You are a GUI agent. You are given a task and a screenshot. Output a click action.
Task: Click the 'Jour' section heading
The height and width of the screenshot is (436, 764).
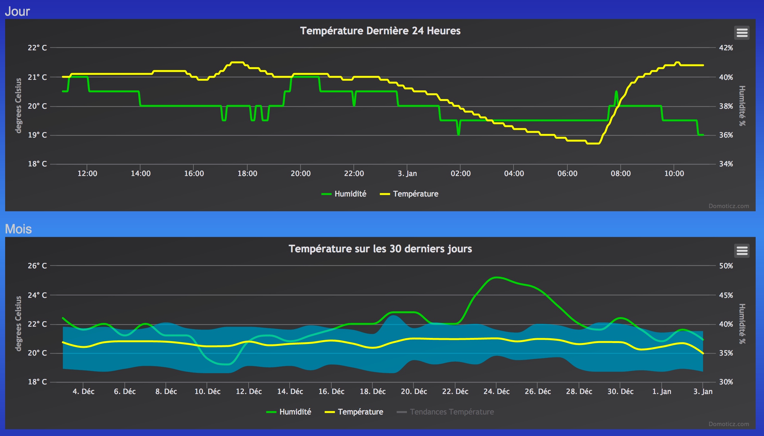point(17,12)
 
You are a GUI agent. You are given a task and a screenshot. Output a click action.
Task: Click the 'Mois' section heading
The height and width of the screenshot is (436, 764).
point(18,229)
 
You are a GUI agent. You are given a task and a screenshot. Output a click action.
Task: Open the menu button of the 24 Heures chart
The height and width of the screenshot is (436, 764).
point(742,33)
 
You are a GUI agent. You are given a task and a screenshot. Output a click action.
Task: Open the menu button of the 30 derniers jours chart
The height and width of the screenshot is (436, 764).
point(742,251)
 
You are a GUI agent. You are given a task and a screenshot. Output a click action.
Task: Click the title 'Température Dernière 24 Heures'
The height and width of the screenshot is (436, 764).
point(380,31)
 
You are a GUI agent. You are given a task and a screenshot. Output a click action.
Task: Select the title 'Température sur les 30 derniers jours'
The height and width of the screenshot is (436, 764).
point(380,249)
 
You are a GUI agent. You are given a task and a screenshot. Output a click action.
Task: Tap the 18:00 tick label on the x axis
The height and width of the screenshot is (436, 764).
point(247,173)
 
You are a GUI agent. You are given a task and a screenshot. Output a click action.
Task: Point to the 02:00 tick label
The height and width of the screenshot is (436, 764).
point(461,173)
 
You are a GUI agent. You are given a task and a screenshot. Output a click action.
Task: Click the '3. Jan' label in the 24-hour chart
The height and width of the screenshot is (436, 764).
point(407,173)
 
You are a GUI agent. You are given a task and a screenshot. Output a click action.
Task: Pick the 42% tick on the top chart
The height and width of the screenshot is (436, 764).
point(726,48)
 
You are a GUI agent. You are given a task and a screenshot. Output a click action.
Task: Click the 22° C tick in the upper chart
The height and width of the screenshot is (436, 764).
point(37,48)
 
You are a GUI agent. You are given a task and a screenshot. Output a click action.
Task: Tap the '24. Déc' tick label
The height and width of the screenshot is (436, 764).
point(497,391)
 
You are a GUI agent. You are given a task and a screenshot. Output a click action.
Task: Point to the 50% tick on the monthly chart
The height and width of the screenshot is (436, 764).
point(726,266)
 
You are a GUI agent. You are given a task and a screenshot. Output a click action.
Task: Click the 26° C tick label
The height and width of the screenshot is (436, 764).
point(37,266)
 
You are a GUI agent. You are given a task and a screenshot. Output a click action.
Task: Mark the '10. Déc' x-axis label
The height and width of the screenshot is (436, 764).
point(208,391)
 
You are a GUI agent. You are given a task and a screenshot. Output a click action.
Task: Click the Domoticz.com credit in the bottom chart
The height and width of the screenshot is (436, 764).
point(729,424)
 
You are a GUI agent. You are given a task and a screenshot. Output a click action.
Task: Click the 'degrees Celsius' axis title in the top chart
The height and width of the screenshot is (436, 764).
point(18,105)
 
